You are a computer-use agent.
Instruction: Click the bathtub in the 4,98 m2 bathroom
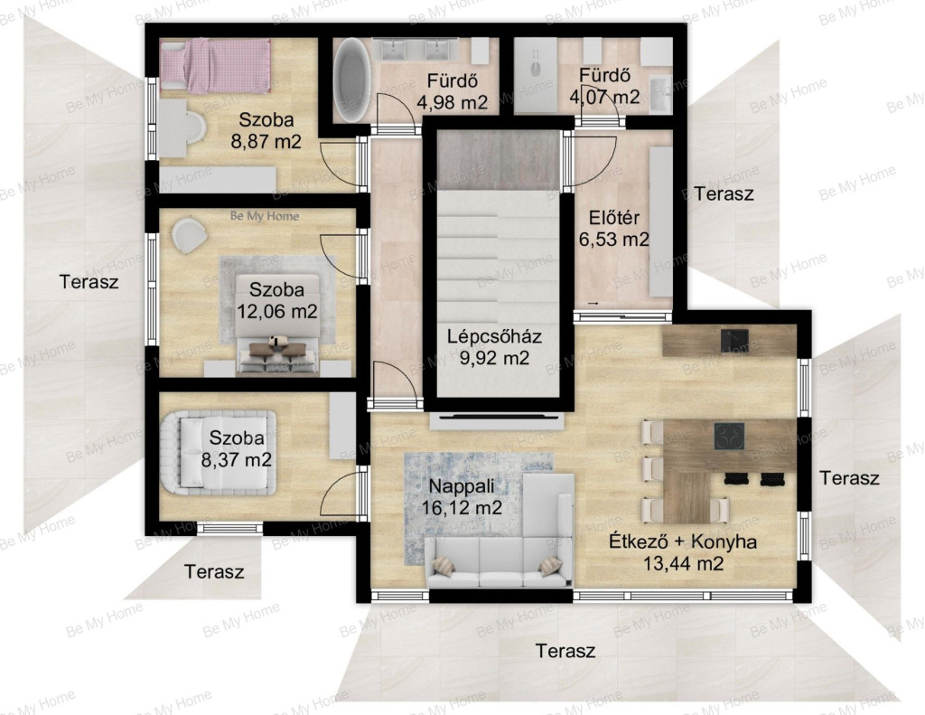click(x=352, y=80)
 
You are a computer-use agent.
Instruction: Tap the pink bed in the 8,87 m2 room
click(x=215, y=66)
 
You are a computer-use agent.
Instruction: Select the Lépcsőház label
click(x=494, y=336)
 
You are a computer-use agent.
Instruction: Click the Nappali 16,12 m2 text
click(x=462, y=497)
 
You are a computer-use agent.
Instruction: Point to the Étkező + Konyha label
click(x=683, y=541)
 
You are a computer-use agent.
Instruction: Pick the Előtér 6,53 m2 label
click(x=614, y=229)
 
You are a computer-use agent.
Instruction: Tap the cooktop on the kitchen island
click(x=729, y=437)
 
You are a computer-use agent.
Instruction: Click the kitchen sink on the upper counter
click(x=734, y=340)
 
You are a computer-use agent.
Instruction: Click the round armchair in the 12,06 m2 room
click(x=190, y=234)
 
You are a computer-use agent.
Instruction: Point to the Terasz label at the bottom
click(x=565, y=651)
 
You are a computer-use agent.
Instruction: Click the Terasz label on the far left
click(x=89, y=282)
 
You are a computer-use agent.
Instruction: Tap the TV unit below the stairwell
click(x=496, y=421)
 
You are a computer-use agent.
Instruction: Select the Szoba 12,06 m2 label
click(x=276, y=300)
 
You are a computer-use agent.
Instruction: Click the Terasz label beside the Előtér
click(x=724, y=193)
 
